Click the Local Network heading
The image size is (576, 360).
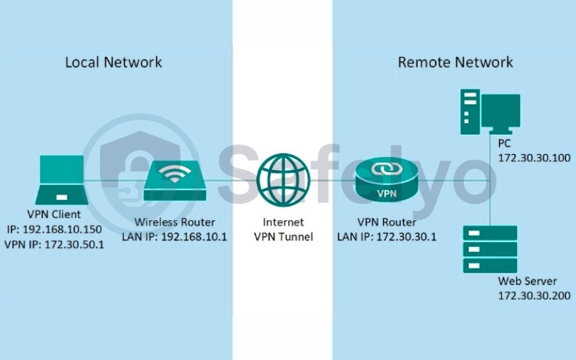click(114, 62)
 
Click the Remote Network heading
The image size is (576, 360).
click(455, 62)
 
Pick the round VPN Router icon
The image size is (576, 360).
click(387, 179)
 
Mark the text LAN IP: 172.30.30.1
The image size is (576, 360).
click(387, 235)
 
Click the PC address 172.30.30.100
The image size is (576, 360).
click(533, 156)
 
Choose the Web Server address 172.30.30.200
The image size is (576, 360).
click(533, 295)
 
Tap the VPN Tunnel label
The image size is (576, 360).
click(284, 235)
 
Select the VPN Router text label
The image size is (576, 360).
click(387, 221)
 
